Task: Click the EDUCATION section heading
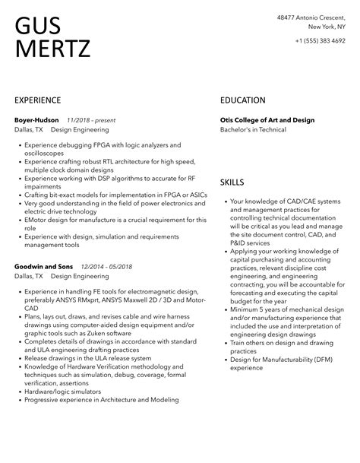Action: click(x=243, y=100)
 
